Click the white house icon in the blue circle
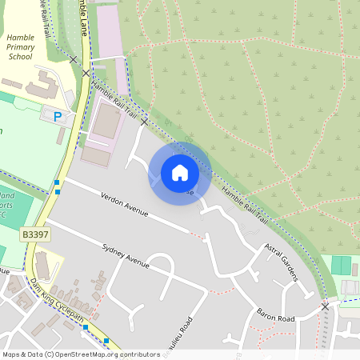click(180, 172)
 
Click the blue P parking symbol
click(57, 117)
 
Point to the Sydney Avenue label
click(126, 256)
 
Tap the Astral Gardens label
click(282, 265)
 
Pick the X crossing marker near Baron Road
click(325, 306)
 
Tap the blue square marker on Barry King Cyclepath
click(86, 327)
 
